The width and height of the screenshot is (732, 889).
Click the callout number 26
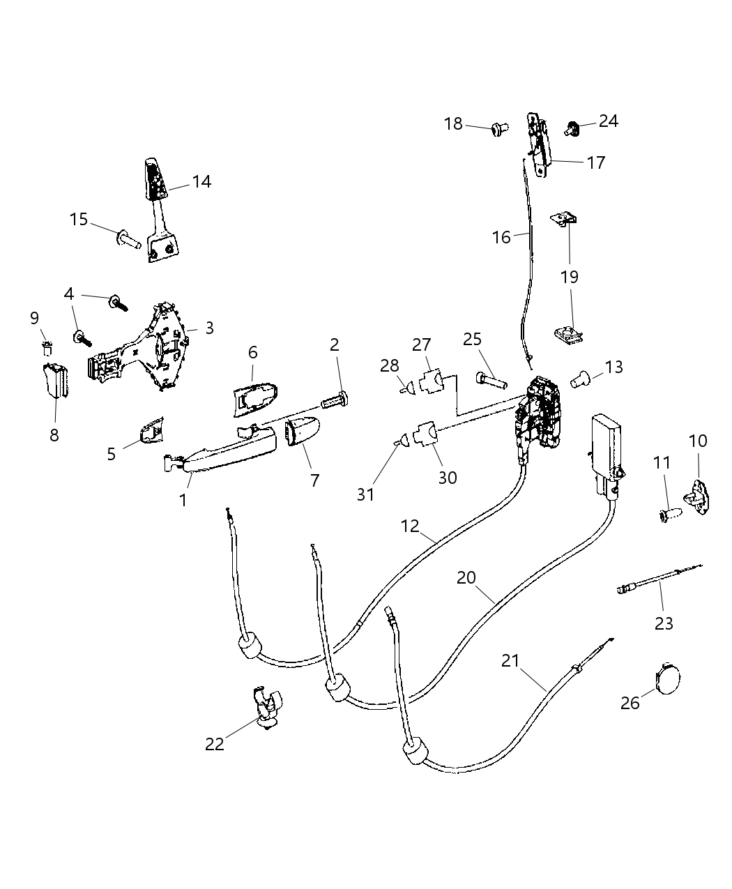click(x=630, y=703)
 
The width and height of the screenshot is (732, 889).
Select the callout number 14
click(x=201, y=182)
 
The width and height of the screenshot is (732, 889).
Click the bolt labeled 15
click(x=128, y=239)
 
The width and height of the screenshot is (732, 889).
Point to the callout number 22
click(x=215, y=744)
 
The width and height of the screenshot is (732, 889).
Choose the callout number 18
click(x=453, y=124)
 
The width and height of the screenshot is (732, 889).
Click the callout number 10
click(x=697, y=441)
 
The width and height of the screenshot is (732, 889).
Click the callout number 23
click(x=664, y=622)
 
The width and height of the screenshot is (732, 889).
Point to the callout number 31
click(x=365, y=494)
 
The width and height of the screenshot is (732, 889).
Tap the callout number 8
click(x=54, y=435)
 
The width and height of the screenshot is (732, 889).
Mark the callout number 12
click(x=410, y=526)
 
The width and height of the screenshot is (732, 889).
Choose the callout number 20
click(x=466, y=577)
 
